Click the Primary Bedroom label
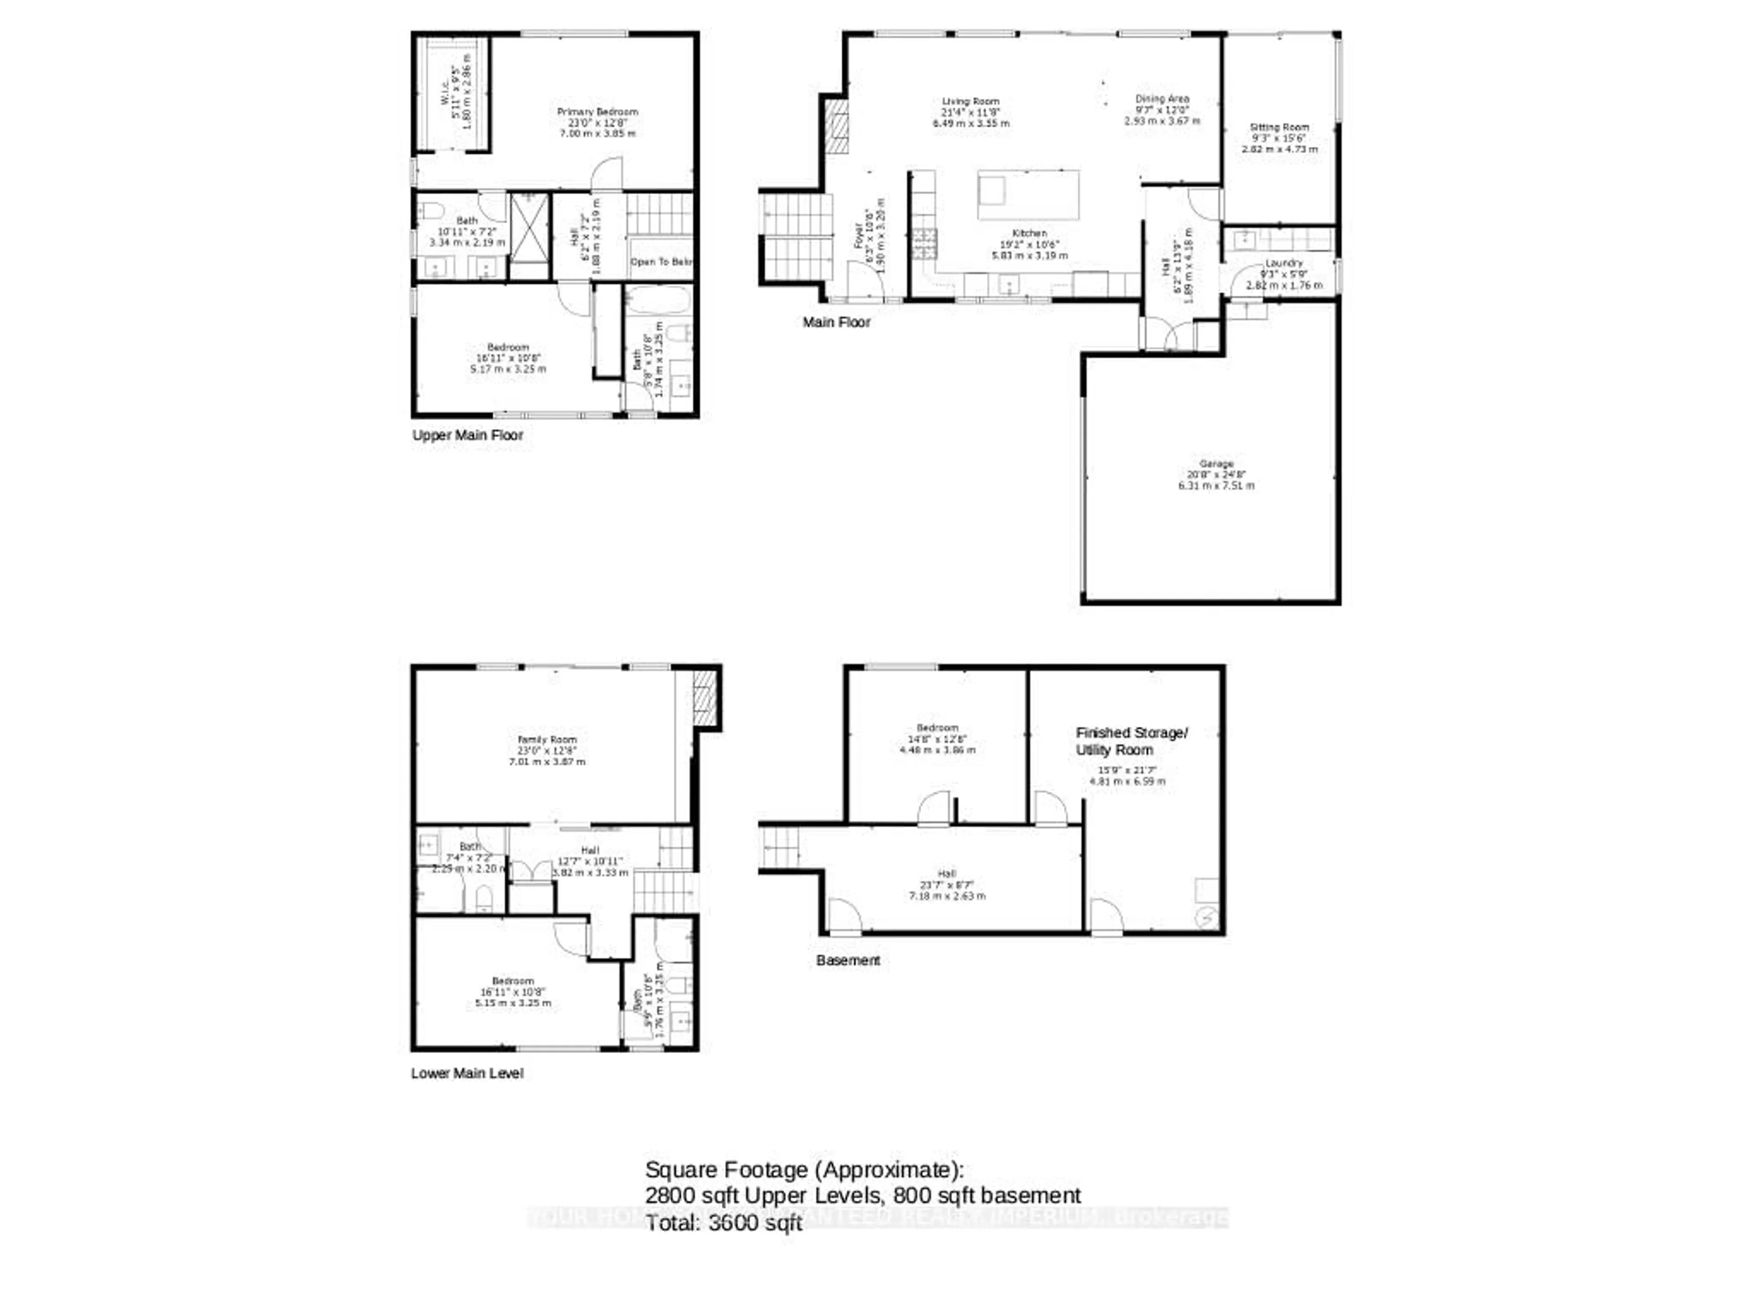click(597, 112)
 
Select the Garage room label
click(1216, 464)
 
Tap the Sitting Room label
click(1279, 127)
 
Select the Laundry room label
click(1284, 263)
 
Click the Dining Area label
click(1162, 99)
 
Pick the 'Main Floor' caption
click(836, 323)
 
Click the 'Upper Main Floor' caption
click(467, 436)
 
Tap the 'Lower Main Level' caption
click(466, 1073)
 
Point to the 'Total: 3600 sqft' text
click(723, 1224)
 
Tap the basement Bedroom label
click(937, 727)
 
